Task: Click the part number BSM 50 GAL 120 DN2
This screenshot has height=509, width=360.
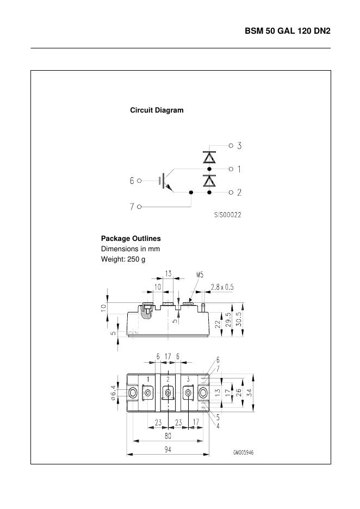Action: [x=287, y=32]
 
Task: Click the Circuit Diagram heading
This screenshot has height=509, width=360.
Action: [x=157, y=110]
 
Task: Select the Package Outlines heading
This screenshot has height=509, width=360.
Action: [x=131, y=239]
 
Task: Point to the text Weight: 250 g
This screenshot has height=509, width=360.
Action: [x=123, y=259]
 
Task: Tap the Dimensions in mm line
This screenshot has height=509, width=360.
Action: [x=130, y=249]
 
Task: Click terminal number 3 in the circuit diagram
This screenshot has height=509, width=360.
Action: [x=239, y=146]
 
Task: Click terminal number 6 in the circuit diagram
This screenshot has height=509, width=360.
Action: [x=132, y=181]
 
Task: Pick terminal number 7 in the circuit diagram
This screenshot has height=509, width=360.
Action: [x=132, y=207]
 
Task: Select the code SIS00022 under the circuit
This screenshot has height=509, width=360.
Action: [x=227, y=215]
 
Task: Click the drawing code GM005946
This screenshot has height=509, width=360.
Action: [x=244, y=452]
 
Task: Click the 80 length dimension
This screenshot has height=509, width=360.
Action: [x=168, y=436]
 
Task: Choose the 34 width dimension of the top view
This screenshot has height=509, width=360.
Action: [x=249, y=393]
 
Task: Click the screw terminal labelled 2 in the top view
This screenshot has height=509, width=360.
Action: [x=168, y=393]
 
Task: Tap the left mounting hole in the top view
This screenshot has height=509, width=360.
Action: [x=132, y=393]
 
